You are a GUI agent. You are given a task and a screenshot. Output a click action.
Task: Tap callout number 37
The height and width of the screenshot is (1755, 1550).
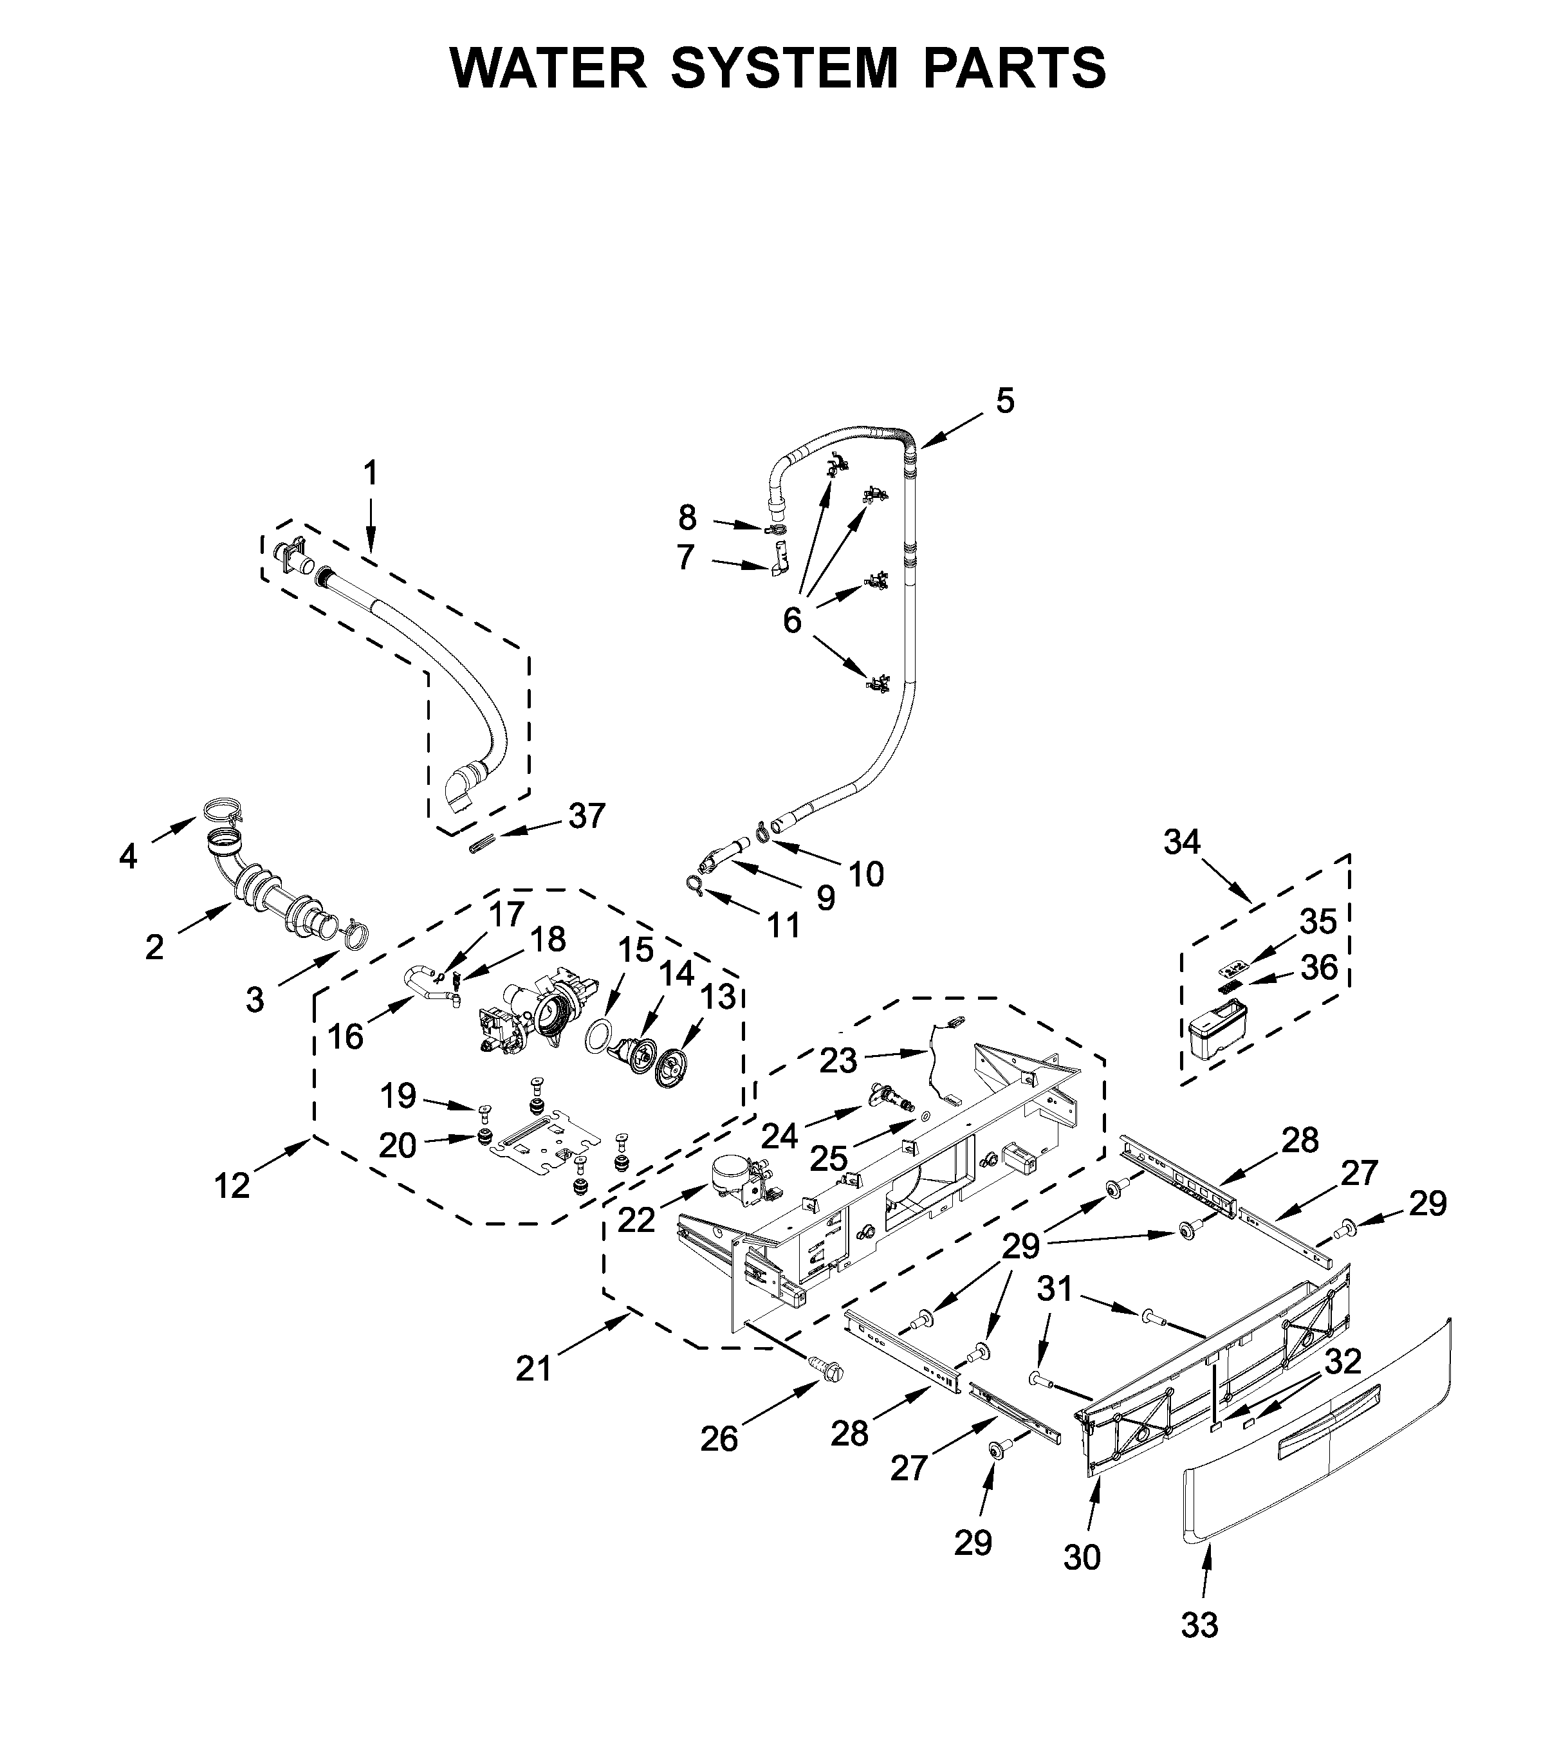click(x=587, y=816)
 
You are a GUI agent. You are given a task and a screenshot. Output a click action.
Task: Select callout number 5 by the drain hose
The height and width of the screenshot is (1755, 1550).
click(x=1005, y=401)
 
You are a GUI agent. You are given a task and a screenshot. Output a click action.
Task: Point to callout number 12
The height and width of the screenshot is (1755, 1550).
click(x=232, y=1186)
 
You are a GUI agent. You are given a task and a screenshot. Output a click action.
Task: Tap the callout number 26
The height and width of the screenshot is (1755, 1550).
click(x=719, y=1439)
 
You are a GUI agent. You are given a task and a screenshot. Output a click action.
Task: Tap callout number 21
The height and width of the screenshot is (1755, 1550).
click(x=532, y=1370)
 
